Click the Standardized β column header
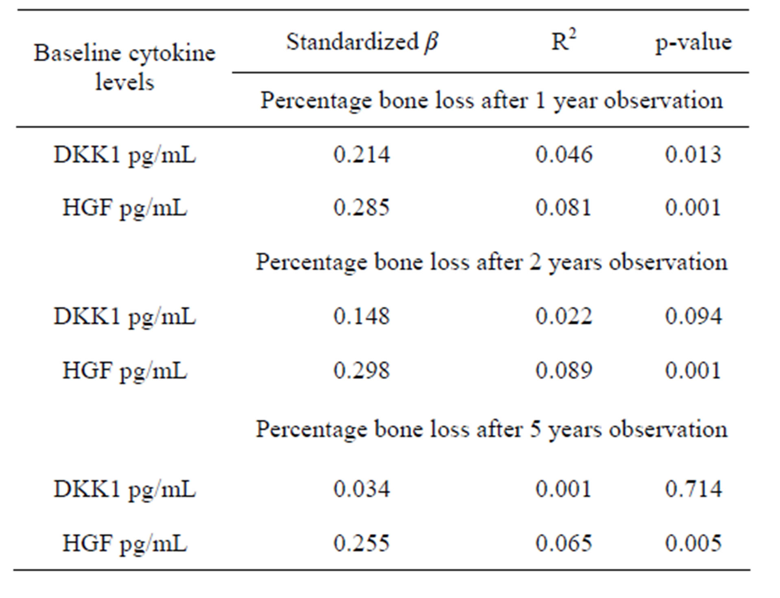coord(362,42)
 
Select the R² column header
coord(564,42)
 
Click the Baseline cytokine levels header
coord(125,68)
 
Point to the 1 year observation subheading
coord(491,100)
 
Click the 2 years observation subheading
coord(491,262)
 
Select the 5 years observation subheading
coord(491,429)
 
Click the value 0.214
coord(361,155)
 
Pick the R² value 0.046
coord(564,155)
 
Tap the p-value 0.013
coord(693,155)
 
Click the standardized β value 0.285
coord(361,207)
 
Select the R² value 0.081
coord(564,207)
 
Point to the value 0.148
coord(361,316)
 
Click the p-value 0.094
coord(693,316)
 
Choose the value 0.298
coord(361,371)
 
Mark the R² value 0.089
coord(564,371)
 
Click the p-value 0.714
coord(693,489)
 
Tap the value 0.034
coord(361,489)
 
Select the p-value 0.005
coord(693,543)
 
